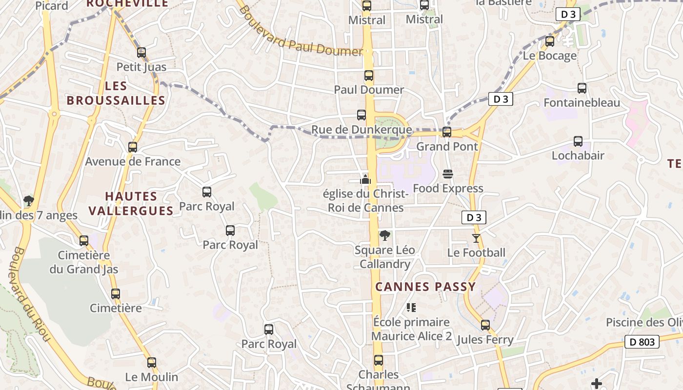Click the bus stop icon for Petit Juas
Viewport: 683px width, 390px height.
pos(141,52)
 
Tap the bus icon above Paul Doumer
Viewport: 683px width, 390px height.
pos(369,76)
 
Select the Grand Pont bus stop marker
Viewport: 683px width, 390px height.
pos(446,132)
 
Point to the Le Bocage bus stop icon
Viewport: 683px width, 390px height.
pos(550,41)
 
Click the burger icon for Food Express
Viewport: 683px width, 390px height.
pos(448,174)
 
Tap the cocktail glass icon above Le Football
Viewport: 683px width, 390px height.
pos(476,238)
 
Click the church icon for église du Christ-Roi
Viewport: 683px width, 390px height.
pos(365,180)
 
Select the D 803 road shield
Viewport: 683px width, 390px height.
pos(642,342)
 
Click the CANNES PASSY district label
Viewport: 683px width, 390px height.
pos(425,287)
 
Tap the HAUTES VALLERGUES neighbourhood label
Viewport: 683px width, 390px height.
pos(139,203)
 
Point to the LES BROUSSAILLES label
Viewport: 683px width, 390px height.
pos(116,93)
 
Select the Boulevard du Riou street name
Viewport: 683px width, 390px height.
pos(29,292)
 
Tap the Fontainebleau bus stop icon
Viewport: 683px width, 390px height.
pos(582,88)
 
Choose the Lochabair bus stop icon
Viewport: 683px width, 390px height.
pos(578,141)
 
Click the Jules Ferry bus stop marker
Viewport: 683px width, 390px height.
pos(485,325)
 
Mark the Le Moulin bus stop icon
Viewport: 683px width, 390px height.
pos(152,363)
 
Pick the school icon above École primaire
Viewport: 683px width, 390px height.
pos(411,308)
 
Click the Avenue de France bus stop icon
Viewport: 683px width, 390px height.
pos(133,147)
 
